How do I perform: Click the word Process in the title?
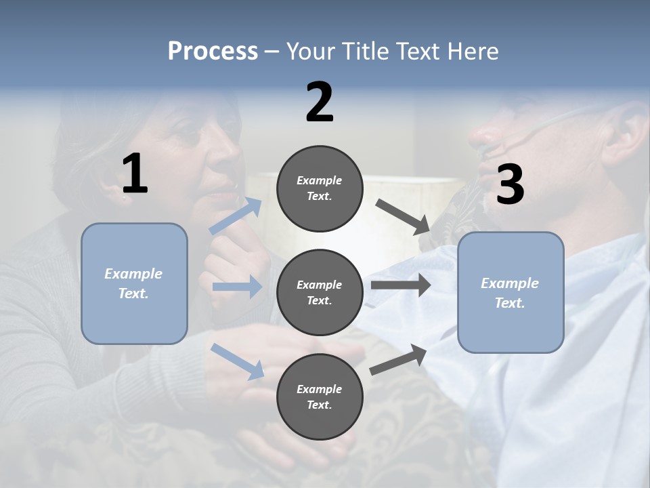click(213, 52)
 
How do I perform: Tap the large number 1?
click(135, 174)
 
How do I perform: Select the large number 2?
click(320, 102)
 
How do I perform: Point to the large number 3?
click(510, 184)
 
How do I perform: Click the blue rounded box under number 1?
click(134, 283)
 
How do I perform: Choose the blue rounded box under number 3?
click(511, 292)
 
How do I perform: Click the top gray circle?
click(320, 188)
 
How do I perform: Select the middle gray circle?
click(320, 292)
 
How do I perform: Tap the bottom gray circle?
click(320, 396)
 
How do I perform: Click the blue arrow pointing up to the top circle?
click(236, 216)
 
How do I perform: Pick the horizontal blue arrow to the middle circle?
click(237, 287)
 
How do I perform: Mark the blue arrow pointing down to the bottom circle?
click(237, 361)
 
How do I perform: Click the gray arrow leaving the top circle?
click(404, 216)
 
